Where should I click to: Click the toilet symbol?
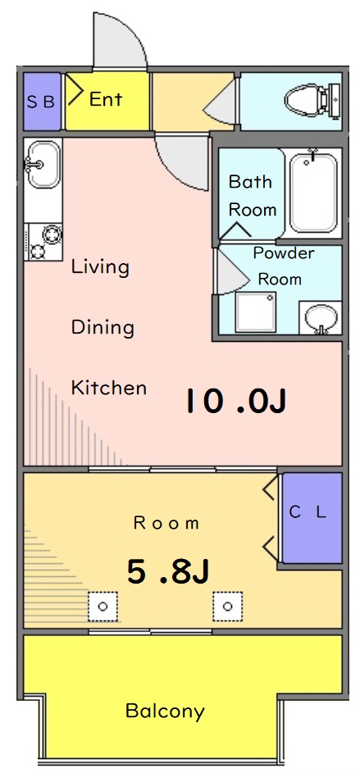coord(312,101)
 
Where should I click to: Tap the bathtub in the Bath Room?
coord(312,193)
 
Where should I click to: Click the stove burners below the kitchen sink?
coord(43,242)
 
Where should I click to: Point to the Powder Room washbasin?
coord(319,318)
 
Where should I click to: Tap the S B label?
coord(41,102)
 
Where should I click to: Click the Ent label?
coord(106,100)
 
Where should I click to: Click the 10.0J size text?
coord(235,401)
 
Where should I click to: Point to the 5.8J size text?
coord(168,571)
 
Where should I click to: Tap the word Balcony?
coord(165,711)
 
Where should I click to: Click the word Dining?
coord(103,328)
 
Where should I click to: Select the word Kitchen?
coord(109,388)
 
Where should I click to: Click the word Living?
coord(100,267)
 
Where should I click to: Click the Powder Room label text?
coord(282,266)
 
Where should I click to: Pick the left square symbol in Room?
coord(103,607)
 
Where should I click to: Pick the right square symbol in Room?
coord(227,607)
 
